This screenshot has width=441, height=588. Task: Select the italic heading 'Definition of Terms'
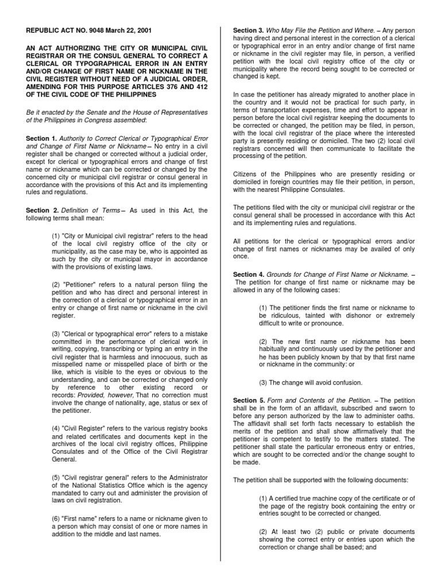pyautogui.click(x=89, y=211)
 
